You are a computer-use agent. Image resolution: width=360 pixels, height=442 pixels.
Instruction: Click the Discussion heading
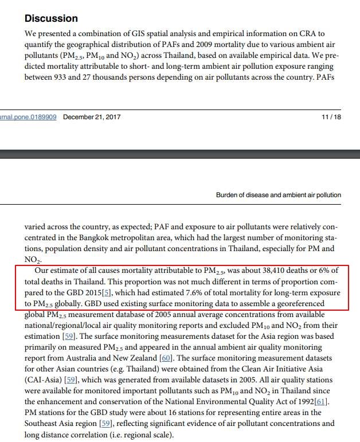point(51,18)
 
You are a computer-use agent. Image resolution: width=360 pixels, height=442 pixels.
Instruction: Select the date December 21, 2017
point(92,117)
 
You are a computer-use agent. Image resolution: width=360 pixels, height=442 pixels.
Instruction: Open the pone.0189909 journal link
point(28,117)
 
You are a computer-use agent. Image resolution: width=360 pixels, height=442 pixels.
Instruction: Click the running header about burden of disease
point(278,195)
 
